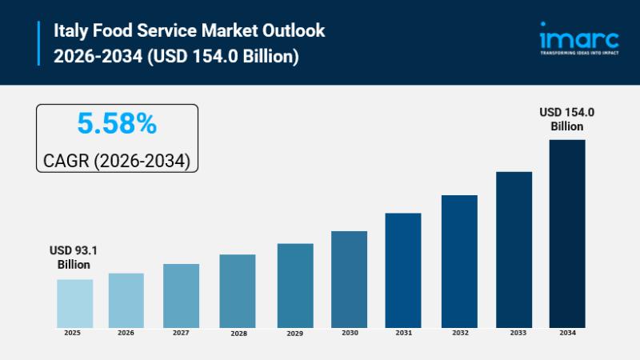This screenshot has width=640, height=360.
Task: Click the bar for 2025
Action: pos(74,303)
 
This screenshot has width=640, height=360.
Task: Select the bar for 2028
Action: pos(238,290)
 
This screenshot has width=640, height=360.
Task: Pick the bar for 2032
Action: pos(459,261)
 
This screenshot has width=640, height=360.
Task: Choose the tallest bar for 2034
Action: pos(567,233)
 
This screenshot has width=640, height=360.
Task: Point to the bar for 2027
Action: pos(181,295)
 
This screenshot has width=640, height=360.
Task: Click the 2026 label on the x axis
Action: pos(126,332)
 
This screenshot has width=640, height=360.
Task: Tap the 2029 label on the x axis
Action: pos(295,332)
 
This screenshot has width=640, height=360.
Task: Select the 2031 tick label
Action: pos(402,332)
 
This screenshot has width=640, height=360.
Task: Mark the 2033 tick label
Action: pos(514,332)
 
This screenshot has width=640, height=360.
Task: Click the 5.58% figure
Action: pos(117,124)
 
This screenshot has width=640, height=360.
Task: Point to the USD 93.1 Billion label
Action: pos(74,258)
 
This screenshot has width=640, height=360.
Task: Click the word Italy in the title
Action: pos(69,30)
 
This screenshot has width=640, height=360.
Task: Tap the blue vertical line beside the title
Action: pos(39,43)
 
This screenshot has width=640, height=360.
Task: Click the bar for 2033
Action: pos(514,249)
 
